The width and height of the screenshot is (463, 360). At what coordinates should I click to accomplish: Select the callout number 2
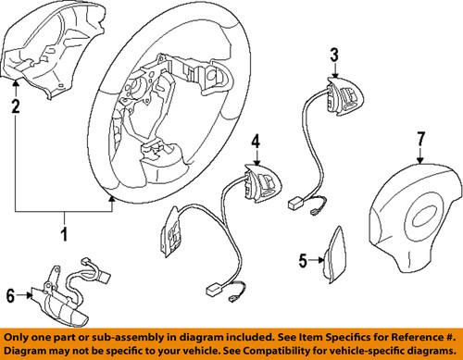[x=15, y=108]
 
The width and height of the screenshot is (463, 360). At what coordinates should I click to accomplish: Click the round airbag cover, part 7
[x=411, y=223]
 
